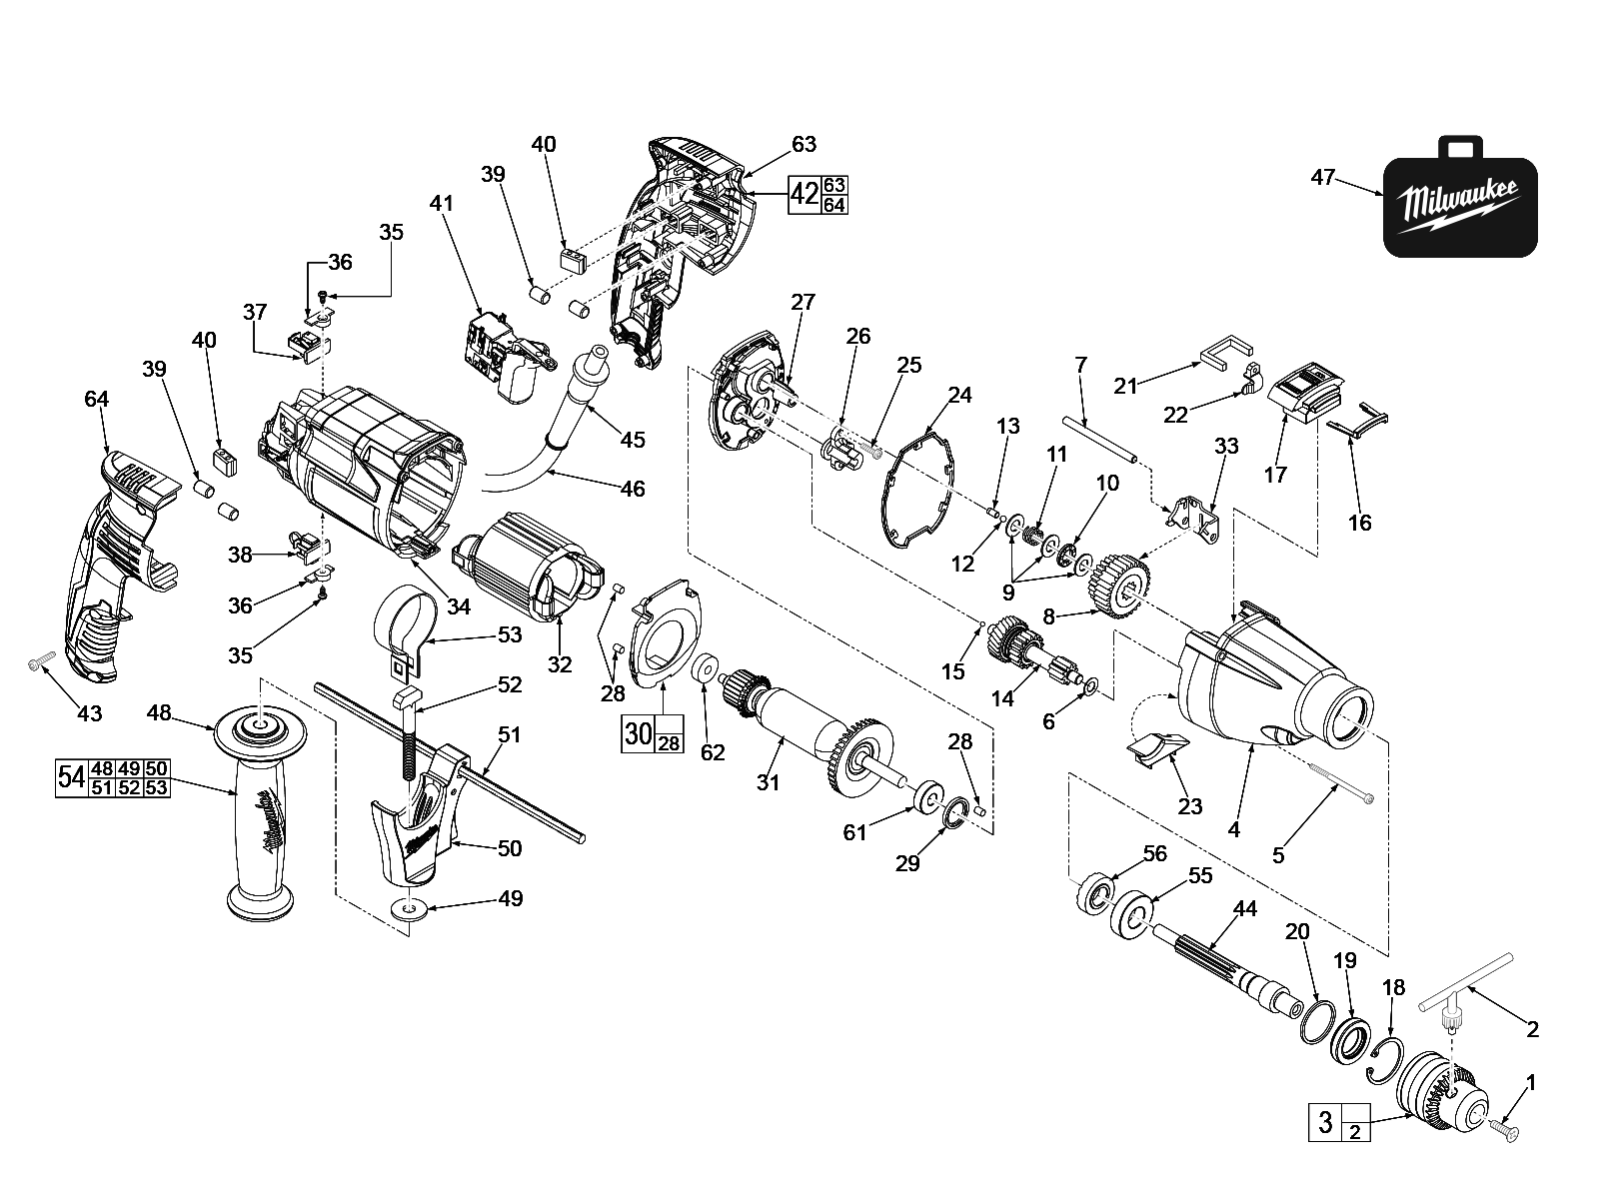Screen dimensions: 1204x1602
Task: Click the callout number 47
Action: [1322, 178]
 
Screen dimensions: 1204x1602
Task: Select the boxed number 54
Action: [69, 776]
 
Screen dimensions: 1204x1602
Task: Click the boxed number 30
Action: [638, 734]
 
